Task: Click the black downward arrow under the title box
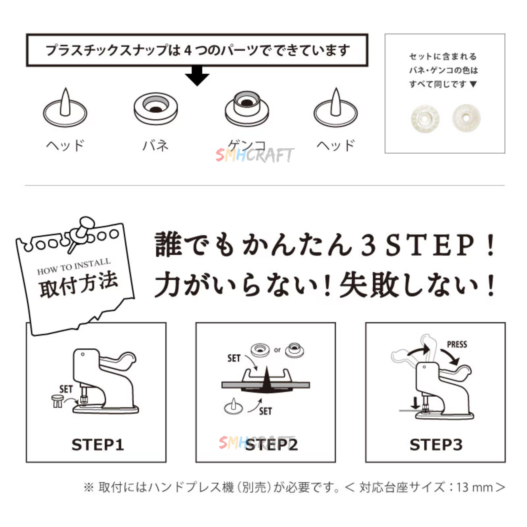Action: tap(197, 76)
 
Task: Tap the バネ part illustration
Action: tap(155, 108)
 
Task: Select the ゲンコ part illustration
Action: tap(247, 109)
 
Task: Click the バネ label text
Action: tap(155, 145)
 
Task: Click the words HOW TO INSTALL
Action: tap(74, 266)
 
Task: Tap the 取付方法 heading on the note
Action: tap(79, 285)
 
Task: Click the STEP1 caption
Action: tap(98, 445)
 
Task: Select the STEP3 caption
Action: tap(436, 445)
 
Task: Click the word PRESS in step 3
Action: tap(457, 344)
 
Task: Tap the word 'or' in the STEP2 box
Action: tap(277, 350)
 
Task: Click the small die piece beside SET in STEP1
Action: tap(57, 401)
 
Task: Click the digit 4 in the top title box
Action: tap(188, 51)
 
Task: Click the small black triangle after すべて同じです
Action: tap(473, 84)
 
